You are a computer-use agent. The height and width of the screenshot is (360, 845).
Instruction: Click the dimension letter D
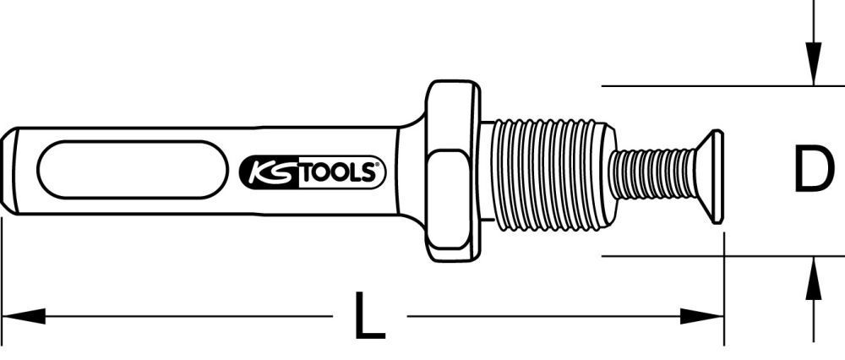click(x=812, y=170)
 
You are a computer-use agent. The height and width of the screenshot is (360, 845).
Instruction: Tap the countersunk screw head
click(x=710, y=177)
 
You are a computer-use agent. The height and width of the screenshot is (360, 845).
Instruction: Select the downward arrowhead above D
click(x=812, y=68)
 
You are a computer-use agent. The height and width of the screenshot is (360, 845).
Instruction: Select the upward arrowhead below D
click(x=812, y=275)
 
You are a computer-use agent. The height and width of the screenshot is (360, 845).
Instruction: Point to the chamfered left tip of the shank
click(x=9, y=171)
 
